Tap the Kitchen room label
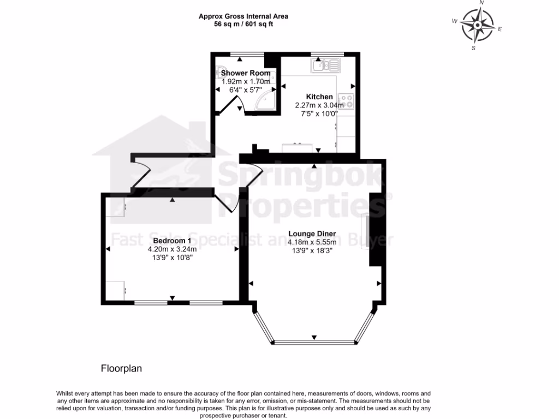pos(319,97)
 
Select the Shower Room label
pos(245,73)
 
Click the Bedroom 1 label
pos(172,241)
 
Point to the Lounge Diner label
pos(312,234)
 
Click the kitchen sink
pos(326,66)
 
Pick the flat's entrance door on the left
pos(141,172)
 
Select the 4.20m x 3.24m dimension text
pos(172,249)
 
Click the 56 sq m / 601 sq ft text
pos(243,25)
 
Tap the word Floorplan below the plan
pos(121,369)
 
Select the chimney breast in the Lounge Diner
pos(376,229)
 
